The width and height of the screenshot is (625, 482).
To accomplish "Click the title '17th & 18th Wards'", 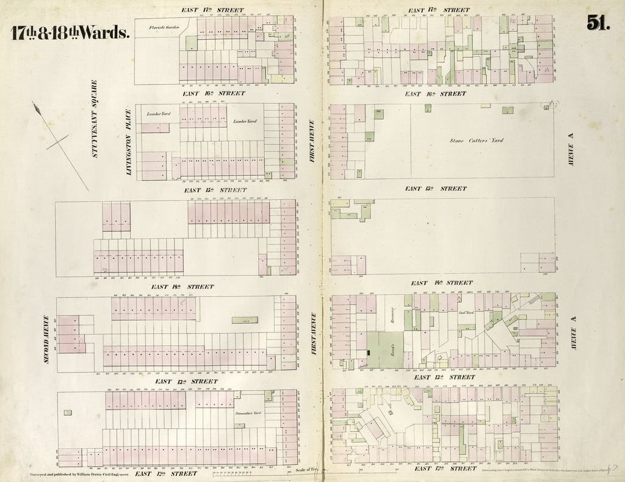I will click(70, 32).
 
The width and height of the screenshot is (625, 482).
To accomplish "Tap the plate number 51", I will click(598, 23).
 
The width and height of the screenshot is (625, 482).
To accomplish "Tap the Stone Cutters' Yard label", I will click(477, 141).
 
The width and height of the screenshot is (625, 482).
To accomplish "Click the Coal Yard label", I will click(466, 312).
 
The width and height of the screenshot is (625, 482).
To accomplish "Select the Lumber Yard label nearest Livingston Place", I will click(157, 114).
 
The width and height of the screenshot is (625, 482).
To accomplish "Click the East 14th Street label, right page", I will click(441, 283).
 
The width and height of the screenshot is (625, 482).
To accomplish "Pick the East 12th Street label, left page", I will click(166, 473).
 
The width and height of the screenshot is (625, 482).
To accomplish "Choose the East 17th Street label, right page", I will click(439, 10).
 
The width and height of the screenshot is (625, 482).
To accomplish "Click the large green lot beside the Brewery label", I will click(385, 349).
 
